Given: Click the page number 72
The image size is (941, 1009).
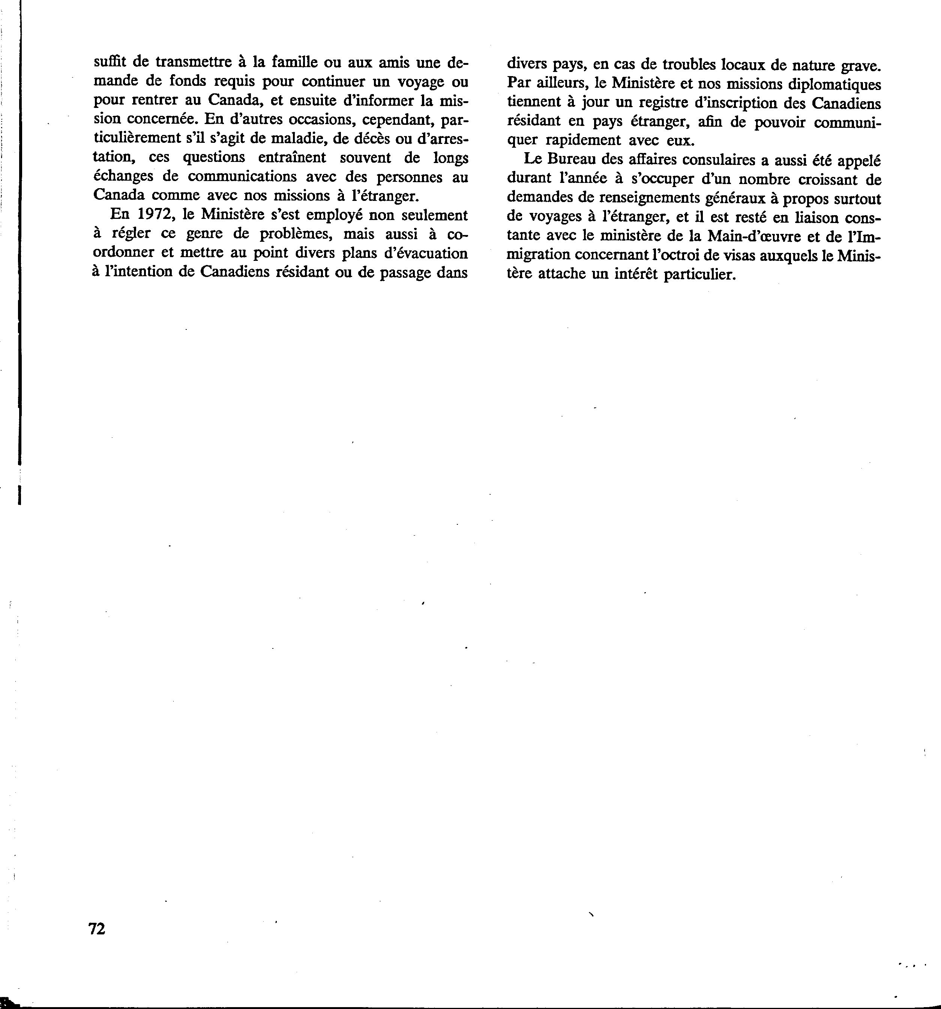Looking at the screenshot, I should coord(96,928).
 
